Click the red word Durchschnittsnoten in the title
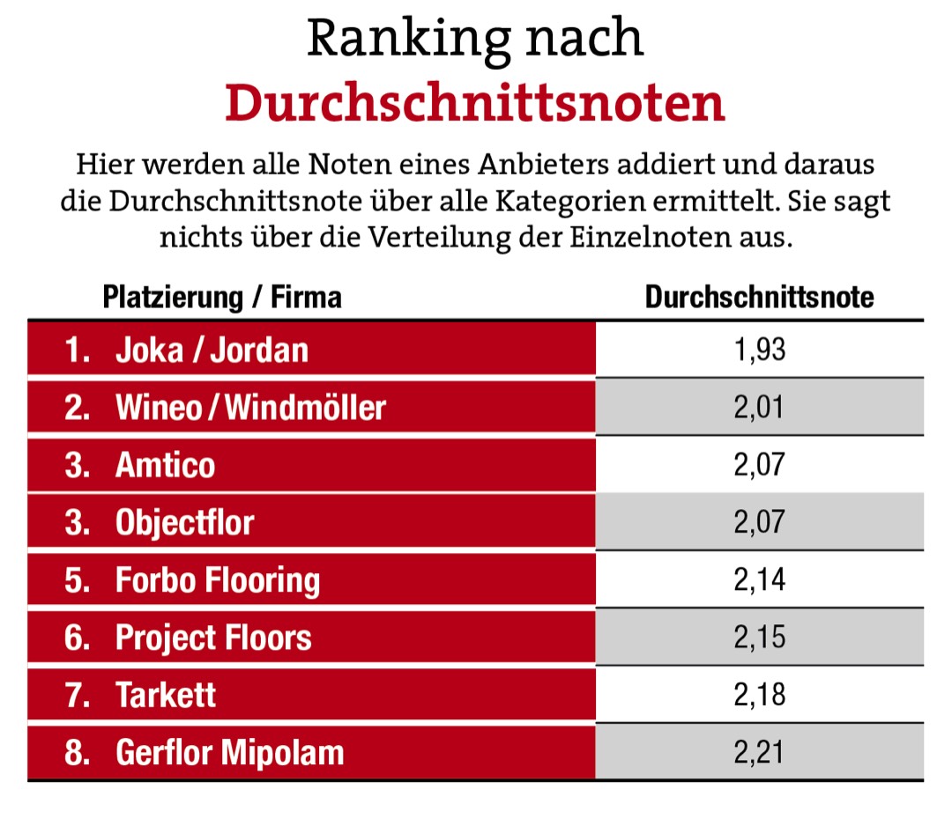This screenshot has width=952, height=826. (x=474, y=103)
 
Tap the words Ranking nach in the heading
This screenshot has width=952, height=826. (x=474, y=39)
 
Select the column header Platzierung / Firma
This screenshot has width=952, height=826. (x=222, y=297)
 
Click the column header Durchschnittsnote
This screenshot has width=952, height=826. (x=759, y=297)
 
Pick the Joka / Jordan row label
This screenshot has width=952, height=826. (x=212, y=350)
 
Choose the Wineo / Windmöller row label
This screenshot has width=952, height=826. (x=250, y=407)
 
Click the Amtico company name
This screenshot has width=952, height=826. (x=165, y=464)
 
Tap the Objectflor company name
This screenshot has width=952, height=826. (x=184, y=522)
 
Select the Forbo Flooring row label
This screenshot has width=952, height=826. (x=217, y=580)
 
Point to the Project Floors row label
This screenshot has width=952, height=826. (x=213, y=638)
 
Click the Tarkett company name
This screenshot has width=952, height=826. (x=166, y=695)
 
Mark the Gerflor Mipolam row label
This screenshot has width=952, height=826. (x=229, y=753)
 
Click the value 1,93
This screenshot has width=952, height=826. (x=759, y=350)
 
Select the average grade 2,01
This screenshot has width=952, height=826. (x=759, y=407)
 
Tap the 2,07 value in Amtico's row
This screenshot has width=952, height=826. (x=759, y=464)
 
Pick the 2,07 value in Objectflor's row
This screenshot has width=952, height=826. (x=759, y=522)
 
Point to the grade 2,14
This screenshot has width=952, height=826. (x=759, y=580)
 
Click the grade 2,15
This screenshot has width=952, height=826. (x=759, y=638)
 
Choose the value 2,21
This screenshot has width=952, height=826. (x=759, y=753)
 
